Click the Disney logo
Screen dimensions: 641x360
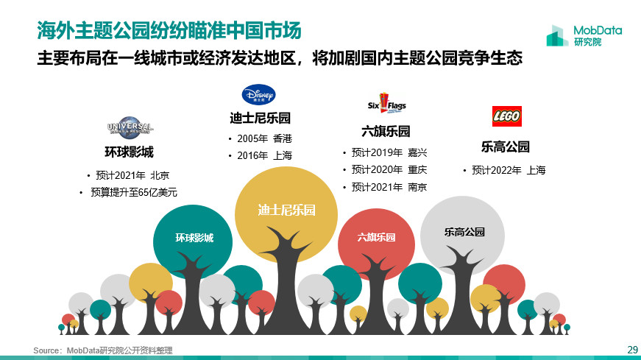coord(258,95)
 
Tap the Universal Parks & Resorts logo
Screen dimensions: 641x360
coord(130,127)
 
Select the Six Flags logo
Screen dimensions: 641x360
coord(386,104)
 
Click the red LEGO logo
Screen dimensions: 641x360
coord(506,116)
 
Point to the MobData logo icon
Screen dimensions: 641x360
coord(556,35)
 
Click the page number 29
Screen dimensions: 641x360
coord(632,350)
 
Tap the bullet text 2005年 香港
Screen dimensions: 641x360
coord(264,138)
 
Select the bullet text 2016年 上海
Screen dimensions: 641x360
coord(264,155)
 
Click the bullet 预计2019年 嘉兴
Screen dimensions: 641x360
coord(389,152)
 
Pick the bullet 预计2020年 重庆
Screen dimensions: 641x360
coord(389,169)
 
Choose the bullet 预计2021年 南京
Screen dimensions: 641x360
coord(389,187)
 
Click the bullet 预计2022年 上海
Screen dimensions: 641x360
coord(509,170)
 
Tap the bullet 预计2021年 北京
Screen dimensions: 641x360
coord(132,175)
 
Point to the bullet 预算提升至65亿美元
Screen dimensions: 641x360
coord(134,192)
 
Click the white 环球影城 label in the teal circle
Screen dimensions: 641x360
coord(194,238)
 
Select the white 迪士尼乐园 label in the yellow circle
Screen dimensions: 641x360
coord(286,210)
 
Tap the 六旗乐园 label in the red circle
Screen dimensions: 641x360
coord(376,237)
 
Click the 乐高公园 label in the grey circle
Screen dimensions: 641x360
coord(464,232)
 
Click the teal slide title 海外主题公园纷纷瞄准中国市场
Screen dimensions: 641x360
coord(169,30)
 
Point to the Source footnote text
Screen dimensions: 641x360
coord(103,350)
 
